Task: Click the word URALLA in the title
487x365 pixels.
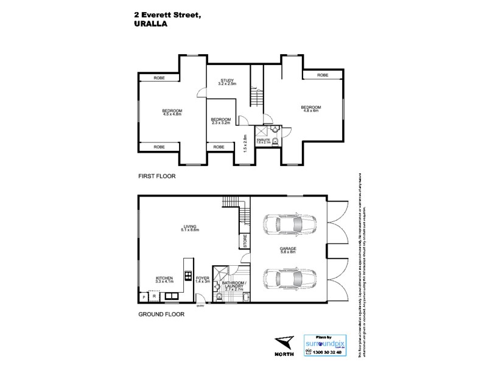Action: [150, 25]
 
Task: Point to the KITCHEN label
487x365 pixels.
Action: [164, 279]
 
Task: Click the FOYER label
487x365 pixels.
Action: [203, 279]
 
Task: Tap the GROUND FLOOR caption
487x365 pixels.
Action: [161, 315]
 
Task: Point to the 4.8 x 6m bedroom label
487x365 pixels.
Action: [311, 109]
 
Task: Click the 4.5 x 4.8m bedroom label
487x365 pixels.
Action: [172, 111]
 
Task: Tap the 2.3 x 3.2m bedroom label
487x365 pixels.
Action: [220, 120]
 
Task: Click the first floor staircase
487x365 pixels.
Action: [256, 96]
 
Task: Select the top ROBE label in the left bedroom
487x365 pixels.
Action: [159, 78]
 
